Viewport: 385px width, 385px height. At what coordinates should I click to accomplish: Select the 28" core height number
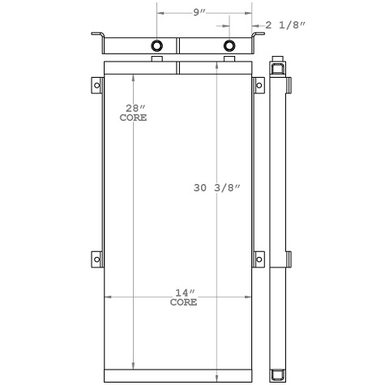point(131,108)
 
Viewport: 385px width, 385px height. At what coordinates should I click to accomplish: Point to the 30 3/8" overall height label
point(217,187)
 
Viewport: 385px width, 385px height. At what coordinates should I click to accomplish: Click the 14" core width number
point(182,292)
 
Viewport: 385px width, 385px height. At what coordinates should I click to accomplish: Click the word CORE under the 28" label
point(133,118)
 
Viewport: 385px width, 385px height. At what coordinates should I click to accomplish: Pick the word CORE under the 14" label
point(183,302)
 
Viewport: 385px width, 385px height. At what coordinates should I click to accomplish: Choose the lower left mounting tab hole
point(96,259)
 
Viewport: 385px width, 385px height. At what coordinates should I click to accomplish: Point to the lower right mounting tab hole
point(260,259)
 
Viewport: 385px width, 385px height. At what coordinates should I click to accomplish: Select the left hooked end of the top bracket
point(96,36)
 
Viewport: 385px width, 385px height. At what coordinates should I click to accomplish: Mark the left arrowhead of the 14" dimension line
point(106,297)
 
